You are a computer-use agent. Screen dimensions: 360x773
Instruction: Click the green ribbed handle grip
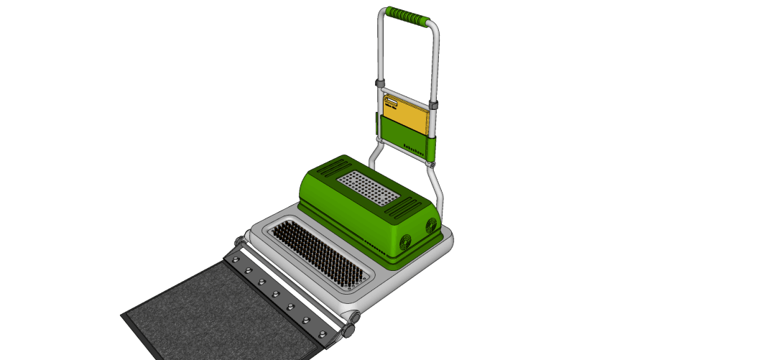tap(407, 16)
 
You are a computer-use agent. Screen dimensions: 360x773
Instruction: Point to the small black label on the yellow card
tap(392, 104)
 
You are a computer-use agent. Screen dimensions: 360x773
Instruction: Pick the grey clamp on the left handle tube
tap(379, 86)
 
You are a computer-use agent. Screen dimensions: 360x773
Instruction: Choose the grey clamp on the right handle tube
tap(434, 106)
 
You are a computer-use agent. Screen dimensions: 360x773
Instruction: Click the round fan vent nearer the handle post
tap(431, 226)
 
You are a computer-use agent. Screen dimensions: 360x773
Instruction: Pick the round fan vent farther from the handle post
tap(404, 242)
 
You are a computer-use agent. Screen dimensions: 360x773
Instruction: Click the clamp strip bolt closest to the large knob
tap(322, 333)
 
